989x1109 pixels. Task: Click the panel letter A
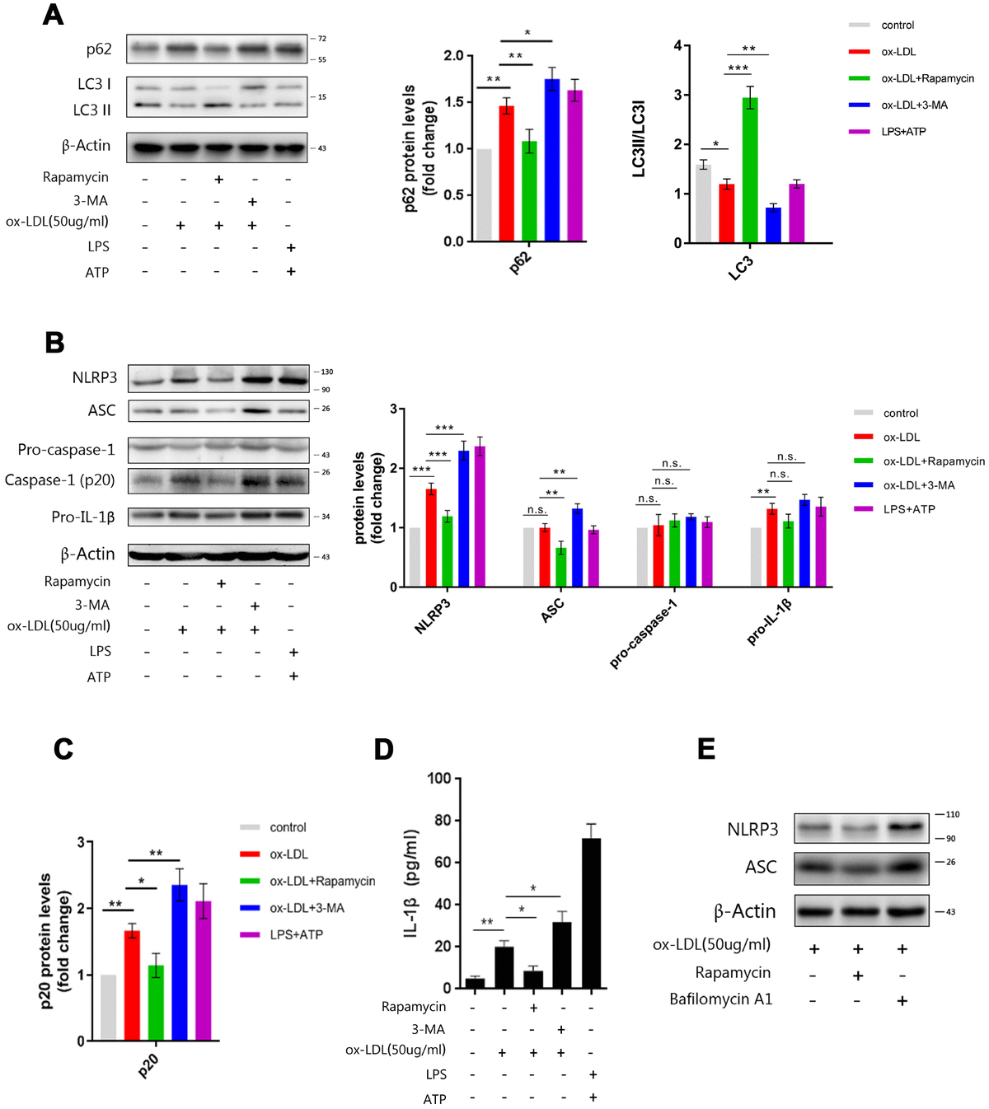(53, 15)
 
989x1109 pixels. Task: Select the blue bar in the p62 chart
(551, 160)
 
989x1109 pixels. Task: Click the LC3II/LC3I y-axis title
(639, 139)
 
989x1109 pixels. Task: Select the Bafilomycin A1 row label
(720, 999)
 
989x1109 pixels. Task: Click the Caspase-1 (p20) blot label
(59, 480)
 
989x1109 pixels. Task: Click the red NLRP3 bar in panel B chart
(431, 537)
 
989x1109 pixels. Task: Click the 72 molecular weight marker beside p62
(321, 39)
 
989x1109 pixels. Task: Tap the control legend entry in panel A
(898, 26)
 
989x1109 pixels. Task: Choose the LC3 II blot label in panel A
(91, 110)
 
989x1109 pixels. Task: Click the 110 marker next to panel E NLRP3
(952, 815)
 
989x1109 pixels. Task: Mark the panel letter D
(383, 749)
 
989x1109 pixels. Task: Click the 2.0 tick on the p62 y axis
(453, 56)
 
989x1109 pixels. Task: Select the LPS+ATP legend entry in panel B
(909, 509)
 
